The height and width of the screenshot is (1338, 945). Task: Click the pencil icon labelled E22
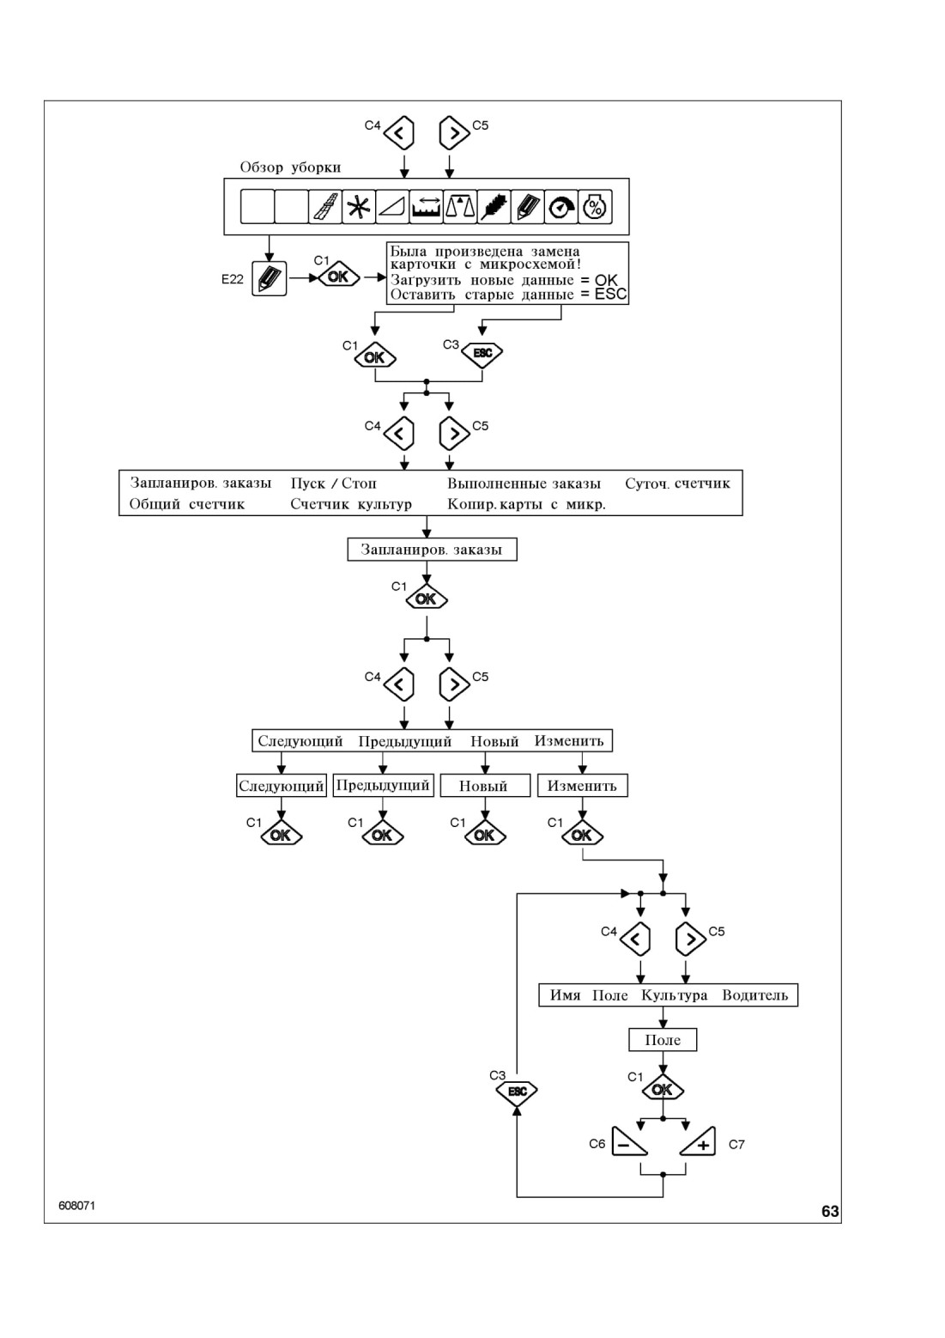click(269, 278)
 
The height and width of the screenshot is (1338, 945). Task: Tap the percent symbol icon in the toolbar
click(595, 207)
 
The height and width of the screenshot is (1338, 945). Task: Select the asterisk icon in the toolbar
click(358, 207)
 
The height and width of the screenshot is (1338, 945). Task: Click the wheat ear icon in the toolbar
click(494, 207)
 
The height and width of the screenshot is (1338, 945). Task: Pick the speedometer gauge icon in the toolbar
click(561, 207)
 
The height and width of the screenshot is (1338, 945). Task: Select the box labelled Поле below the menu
click(663, 1040)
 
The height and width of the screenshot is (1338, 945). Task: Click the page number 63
click(830, 1211)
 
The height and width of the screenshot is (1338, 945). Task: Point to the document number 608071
click(77, 1206)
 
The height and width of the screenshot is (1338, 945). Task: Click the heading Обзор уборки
click(290, 167)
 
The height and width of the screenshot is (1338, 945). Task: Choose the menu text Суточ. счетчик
click(677, 484)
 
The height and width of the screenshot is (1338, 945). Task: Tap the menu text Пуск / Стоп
click(334, 484)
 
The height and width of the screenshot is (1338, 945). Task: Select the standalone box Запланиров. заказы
click(433, 550)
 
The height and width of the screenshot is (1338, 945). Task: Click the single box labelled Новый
click(485, 786)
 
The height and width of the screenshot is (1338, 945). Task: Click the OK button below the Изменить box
click(582, 835)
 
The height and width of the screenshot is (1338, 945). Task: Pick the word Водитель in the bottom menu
click(754, 995)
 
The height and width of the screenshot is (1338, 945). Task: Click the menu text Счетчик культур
click(351, 504)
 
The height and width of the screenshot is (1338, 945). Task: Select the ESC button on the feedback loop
click(517, 1092)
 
